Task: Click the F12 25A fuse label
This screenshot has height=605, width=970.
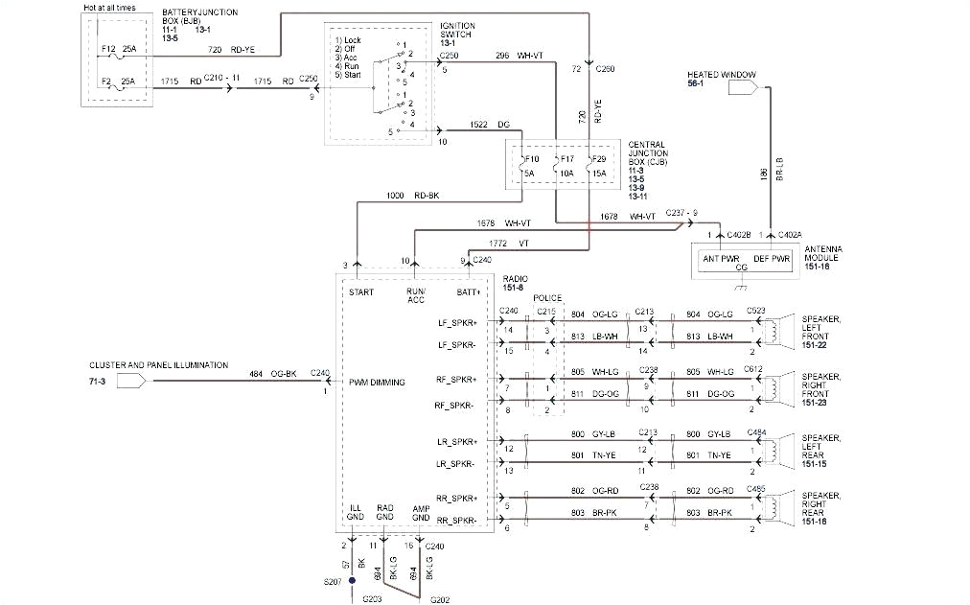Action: click(x=119, y=46)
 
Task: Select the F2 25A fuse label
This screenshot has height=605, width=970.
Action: click(x=119, y=82)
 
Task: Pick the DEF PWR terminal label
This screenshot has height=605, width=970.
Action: click(x=773, y=258)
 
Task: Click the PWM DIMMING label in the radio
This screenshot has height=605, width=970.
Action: click(x=377, y=382)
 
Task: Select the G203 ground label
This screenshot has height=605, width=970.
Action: click(x=373, y=599)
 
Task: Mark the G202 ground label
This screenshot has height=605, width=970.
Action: click(x=440, y=599)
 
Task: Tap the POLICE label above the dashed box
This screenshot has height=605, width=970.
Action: click(x=547, y=298)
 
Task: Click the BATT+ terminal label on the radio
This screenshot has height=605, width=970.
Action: click(x=470, y=291)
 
